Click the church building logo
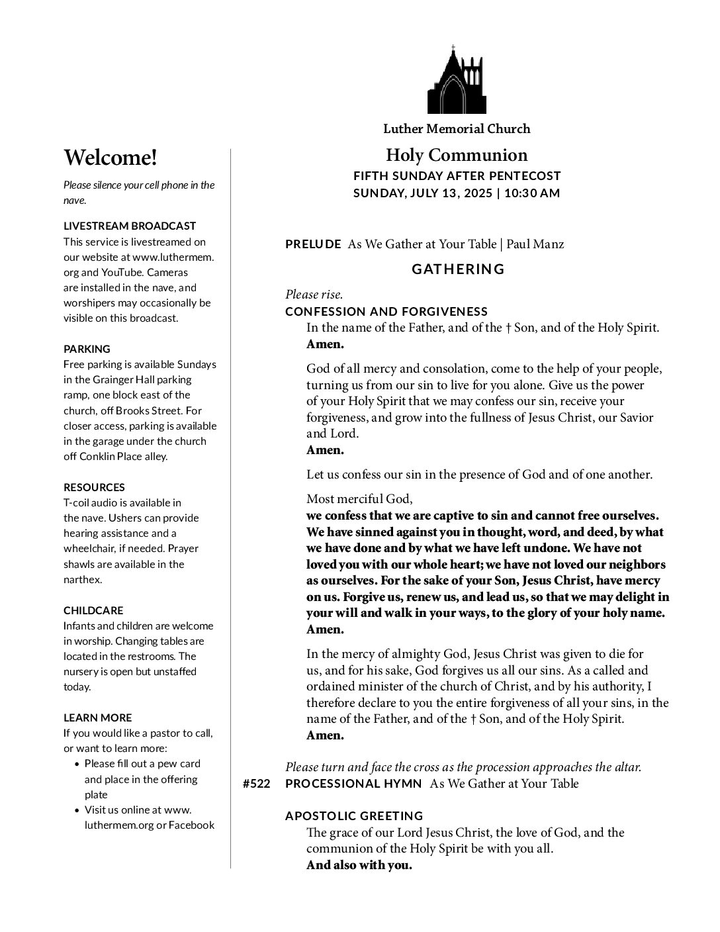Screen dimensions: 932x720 click(x=457, y=81)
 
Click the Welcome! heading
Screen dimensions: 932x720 click(x=111, y=158)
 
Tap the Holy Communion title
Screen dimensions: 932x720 click(x=457, y=155)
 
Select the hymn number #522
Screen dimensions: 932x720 click(x=256, y=784)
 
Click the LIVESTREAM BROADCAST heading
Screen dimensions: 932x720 click(x=130, y=226)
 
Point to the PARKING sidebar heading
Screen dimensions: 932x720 click(x=87, y=349)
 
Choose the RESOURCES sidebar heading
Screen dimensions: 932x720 click(x=94, y=487)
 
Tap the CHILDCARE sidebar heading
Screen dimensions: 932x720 click(x=93, y=610)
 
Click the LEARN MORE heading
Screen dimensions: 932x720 click(x=97, y=718)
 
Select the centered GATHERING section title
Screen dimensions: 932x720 click(x=458, y=269)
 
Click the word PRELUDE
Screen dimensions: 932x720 click(x=313, y=244)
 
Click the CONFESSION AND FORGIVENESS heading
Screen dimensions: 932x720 click(x=386, y=311)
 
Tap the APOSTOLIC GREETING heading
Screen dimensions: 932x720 click(x=354, y=816)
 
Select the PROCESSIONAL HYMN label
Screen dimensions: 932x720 click(x=353, y=784)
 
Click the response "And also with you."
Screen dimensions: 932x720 click(x=359, y=865)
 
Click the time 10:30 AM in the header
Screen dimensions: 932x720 click(x=531, y=193)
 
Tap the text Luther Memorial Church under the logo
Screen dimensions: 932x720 click(x=457, y=129)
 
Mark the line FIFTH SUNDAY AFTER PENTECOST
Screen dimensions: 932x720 click(x=457, y=176)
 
